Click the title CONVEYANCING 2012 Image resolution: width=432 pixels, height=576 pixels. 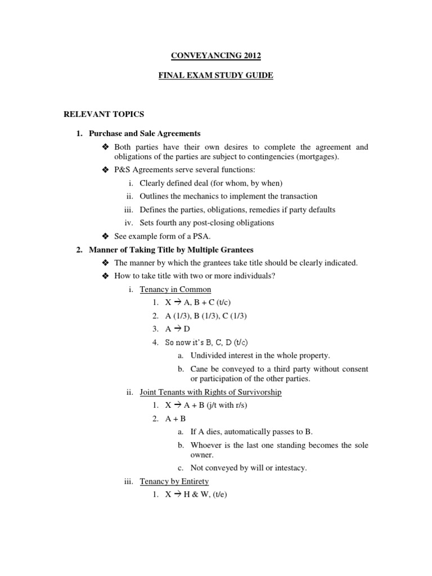(x=215, y=56)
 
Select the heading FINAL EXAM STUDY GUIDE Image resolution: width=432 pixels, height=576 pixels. (x=215, y=75)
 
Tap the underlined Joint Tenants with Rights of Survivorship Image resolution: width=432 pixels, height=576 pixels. (x=210, y=392)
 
